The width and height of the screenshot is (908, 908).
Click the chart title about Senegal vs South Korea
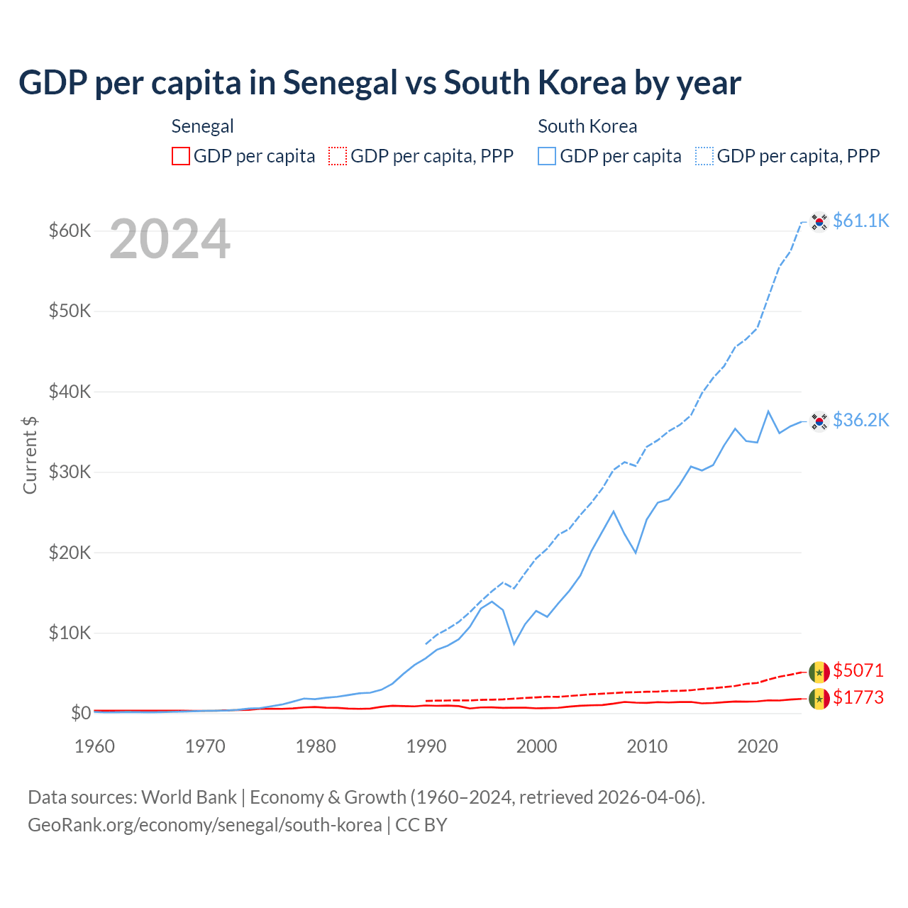pos(380,83)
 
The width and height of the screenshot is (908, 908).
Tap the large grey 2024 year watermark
pos(170,240)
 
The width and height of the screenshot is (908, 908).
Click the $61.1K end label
pos(860,221)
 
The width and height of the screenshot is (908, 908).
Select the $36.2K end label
pos(860,420)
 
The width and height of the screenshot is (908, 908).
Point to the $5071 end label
pos(858,670)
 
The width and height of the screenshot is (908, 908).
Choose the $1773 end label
pos(858,697)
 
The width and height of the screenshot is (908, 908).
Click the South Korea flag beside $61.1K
pos(819,222)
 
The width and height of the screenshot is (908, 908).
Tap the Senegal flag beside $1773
pos(819,699)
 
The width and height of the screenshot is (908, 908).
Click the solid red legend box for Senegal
pos(181,156)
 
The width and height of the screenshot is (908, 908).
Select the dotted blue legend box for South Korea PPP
pos(704,156)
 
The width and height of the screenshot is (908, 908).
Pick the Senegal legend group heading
pos(202,126)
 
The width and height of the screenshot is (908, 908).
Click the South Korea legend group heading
pos(587,126)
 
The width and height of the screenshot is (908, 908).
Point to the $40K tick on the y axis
pos(70,392)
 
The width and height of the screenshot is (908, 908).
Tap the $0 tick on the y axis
pos(81,713)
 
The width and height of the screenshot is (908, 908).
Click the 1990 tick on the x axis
pos(426,746)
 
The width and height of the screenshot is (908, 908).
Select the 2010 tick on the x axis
pos(647,746)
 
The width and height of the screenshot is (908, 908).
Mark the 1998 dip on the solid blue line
pos(514,643)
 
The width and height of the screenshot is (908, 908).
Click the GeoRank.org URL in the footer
pos(204,825)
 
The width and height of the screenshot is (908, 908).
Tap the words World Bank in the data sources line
pos(189,797)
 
